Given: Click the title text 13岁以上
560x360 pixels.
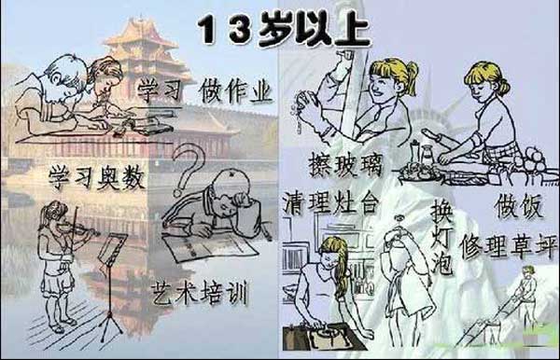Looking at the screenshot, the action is point(284,30).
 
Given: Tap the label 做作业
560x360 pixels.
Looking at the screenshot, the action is point(236,91).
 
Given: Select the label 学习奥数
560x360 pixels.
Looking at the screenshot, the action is point(97,177).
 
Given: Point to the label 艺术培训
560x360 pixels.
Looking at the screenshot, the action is point(200,293).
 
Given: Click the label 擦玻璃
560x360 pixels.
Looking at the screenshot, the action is point(345,165).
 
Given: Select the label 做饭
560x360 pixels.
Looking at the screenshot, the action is point(519,206).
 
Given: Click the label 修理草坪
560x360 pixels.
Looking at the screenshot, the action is point(509,247).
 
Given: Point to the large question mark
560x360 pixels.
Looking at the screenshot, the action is point(188,168).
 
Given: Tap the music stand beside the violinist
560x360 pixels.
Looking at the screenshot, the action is point(111,285).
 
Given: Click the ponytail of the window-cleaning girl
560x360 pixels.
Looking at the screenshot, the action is point(411,77).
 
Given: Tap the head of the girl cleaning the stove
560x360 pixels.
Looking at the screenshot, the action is point(332,253).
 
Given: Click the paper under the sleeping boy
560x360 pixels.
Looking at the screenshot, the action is point(212,247).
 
